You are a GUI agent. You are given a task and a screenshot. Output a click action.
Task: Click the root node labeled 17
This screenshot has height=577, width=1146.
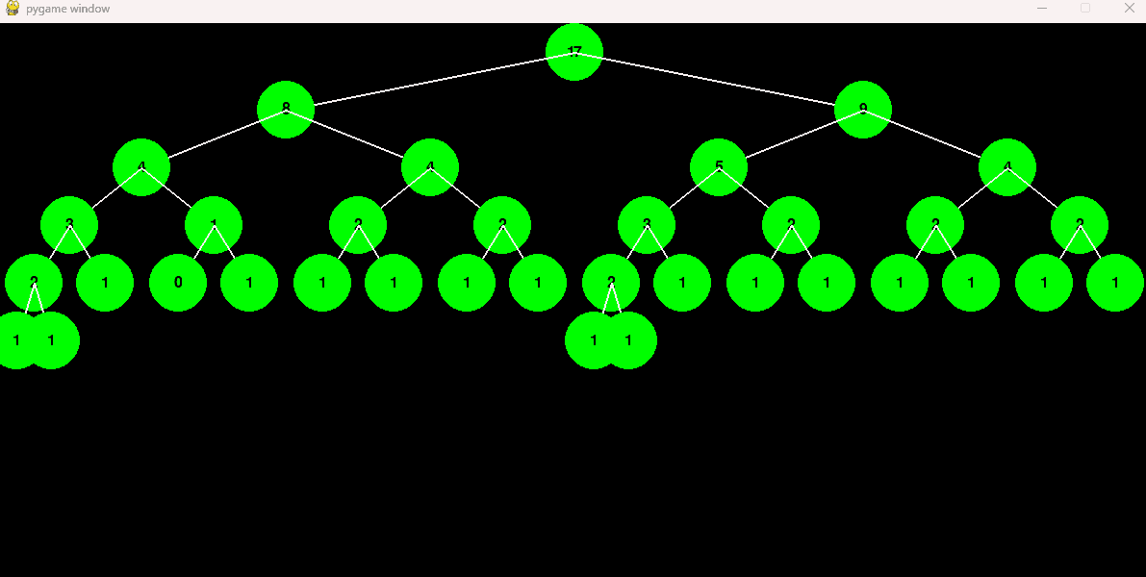(x=574, y=52)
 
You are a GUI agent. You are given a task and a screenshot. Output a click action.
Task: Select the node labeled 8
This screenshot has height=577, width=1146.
(x=286, y=110)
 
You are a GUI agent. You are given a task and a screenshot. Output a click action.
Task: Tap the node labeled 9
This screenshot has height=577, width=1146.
(x=863, y=110)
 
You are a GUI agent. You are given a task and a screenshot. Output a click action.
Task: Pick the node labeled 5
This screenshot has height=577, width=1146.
(x=719, y=167)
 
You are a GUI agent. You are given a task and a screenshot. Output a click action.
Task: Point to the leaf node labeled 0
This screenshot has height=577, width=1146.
(x=178, y=283)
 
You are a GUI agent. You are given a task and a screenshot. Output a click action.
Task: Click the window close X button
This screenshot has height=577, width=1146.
(x=1130, y=8)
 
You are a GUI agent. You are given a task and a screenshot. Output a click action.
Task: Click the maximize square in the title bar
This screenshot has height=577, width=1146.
(x=1085, y=8)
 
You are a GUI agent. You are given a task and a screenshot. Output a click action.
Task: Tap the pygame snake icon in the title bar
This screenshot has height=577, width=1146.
(x=13, y=9)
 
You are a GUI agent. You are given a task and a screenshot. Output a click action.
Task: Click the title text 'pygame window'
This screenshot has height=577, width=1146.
(x=68, y=9)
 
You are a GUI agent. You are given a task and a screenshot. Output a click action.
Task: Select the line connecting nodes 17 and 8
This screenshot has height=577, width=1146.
(x=430, y=81)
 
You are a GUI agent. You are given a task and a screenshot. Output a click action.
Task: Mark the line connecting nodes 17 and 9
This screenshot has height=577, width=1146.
(x=719, y=81)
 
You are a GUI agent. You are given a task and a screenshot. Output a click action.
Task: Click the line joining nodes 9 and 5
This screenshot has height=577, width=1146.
(x=791, y=138)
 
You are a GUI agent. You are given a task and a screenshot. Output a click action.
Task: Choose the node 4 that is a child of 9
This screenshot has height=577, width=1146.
(x=1007, y=167)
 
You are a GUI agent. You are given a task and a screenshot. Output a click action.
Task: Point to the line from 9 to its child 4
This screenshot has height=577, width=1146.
(x=935, y=138)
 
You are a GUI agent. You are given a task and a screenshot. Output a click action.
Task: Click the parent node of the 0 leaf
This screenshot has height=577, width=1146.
(x=214, y=225)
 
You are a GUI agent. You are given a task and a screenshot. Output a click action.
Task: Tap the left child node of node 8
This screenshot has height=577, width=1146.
(x=141, y=167)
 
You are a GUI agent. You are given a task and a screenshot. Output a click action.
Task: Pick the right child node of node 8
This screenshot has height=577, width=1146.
(x=430, y=167)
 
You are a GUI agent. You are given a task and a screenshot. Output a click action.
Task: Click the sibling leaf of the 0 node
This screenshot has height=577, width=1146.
(x=249, y=283)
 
